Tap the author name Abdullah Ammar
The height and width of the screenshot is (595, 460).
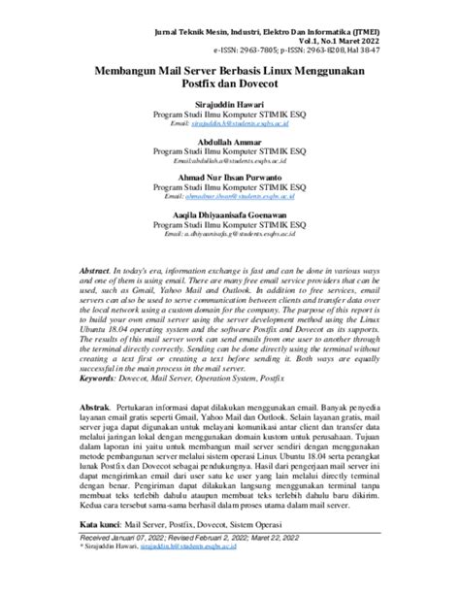coord(230,142)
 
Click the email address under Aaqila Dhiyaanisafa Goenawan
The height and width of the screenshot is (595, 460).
coord(230,234)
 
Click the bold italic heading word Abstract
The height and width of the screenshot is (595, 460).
coord(95,267)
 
